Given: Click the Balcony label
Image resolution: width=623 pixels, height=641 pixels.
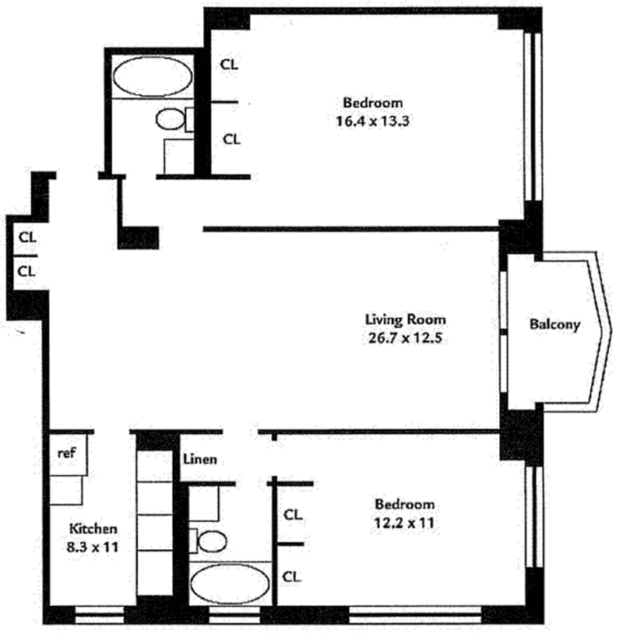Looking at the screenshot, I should click(554, 325).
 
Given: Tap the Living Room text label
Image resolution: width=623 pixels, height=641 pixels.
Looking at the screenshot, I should click(406, 319).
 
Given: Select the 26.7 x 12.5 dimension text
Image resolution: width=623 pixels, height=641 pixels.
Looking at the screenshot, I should click(405, 339).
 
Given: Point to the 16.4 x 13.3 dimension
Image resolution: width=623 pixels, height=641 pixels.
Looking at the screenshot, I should click(373, 122).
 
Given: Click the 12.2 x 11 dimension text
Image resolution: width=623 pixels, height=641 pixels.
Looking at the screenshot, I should click(403, 523).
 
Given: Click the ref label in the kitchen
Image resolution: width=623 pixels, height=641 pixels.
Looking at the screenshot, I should click(65, 452).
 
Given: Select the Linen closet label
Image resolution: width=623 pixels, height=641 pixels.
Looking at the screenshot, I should click(199, 460).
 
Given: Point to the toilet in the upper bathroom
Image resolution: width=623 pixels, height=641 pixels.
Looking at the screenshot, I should click(170, 120).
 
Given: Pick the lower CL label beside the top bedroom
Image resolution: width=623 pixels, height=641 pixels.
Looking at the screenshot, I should click(231, 139).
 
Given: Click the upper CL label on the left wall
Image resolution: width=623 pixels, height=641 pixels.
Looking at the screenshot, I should click(26, 236).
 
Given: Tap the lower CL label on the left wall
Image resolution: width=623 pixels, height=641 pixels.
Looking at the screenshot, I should click(26, 271).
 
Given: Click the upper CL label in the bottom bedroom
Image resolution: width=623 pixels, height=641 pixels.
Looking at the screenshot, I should click(293, 515).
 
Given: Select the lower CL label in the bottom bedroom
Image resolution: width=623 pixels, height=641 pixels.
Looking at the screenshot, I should click(293, 576).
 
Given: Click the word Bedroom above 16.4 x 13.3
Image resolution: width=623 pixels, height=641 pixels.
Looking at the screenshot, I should click(373, 103).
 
